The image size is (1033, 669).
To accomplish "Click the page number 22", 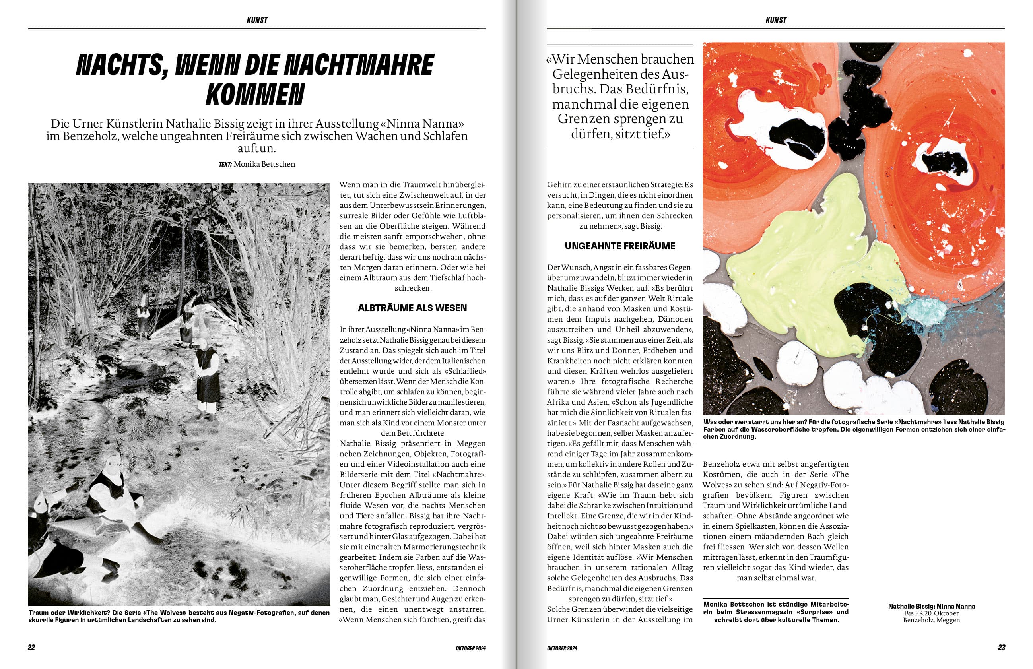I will tap(31, 647).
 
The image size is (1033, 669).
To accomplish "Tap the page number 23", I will tap(1001, 647).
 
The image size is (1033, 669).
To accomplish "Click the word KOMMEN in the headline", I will tap(255, 95).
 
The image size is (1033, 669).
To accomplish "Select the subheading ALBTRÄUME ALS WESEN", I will tap(412, 308).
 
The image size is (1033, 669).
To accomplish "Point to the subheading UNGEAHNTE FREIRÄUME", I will tap(620, 246).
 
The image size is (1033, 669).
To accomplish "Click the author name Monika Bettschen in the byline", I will tap(264, 164).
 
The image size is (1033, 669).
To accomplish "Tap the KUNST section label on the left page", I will tap(257, 20).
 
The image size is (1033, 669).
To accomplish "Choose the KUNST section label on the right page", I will tap(776, 20).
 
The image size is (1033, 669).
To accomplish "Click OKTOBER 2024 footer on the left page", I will tap(470, 648).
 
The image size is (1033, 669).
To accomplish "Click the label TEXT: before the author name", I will tap(226, 164).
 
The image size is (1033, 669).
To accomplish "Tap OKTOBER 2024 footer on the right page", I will tap(562, 648).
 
